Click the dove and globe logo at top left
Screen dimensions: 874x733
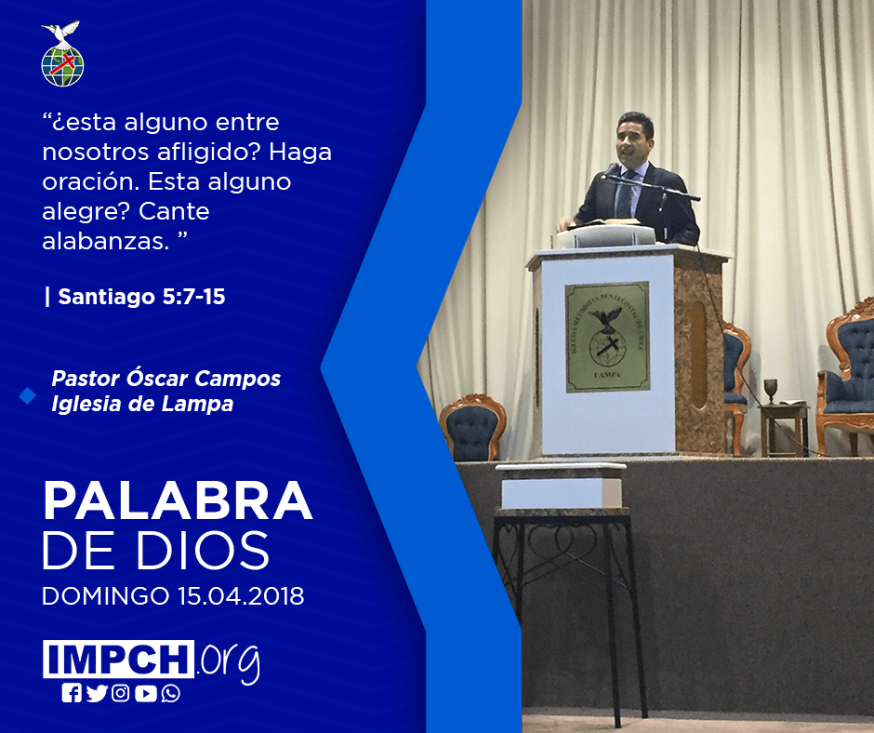pos(62,54)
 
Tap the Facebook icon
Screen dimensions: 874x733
pos(72,693)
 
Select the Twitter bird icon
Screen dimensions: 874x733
pos(97,693)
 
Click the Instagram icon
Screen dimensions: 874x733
pos(120,693)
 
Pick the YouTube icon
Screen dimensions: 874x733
pos(145,693)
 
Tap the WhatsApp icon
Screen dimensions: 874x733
pos(170,693)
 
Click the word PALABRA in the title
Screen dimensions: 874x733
pos(178,500)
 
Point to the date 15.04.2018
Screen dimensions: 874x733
pos(241,595)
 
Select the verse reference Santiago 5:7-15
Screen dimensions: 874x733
pos(141,297)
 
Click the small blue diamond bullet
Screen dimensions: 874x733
pos(27,395)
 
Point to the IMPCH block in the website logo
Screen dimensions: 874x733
pos(118,659)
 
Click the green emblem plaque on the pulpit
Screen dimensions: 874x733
pos(607,337)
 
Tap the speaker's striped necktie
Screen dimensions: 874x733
pos(625,194)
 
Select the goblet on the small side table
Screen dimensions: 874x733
pos(770,391)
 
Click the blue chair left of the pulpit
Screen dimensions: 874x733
pos(472,427)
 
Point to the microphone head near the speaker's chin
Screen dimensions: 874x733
pos(612,169)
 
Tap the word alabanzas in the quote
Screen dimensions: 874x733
pos(106,241)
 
